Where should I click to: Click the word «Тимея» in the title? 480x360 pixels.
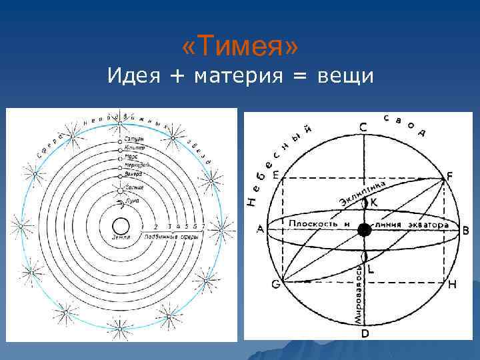pos(240,47)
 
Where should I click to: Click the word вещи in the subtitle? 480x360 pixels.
pos(343,77)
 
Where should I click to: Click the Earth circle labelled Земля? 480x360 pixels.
pos(121,225)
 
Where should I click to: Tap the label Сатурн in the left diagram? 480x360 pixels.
pos(132,139)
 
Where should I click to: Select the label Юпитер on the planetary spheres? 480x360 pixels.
pos(132,148)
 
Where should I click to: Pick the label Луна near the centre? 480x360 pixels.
pos(132,199)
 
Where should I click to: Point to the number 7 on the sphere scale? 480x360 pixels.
pos(203,227)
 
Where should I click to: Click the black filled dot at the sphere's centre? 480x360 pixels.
pos(364,230)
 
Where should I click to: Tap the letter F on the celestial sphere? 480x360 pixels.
pos(450,176)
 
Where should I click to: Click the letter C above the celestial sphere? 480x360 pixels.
pos(363,127)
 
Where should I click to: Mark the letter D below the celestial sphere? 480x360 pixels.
pos(365,333)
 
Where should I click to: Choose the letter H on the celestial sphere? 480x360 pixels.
pos(452,285)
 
